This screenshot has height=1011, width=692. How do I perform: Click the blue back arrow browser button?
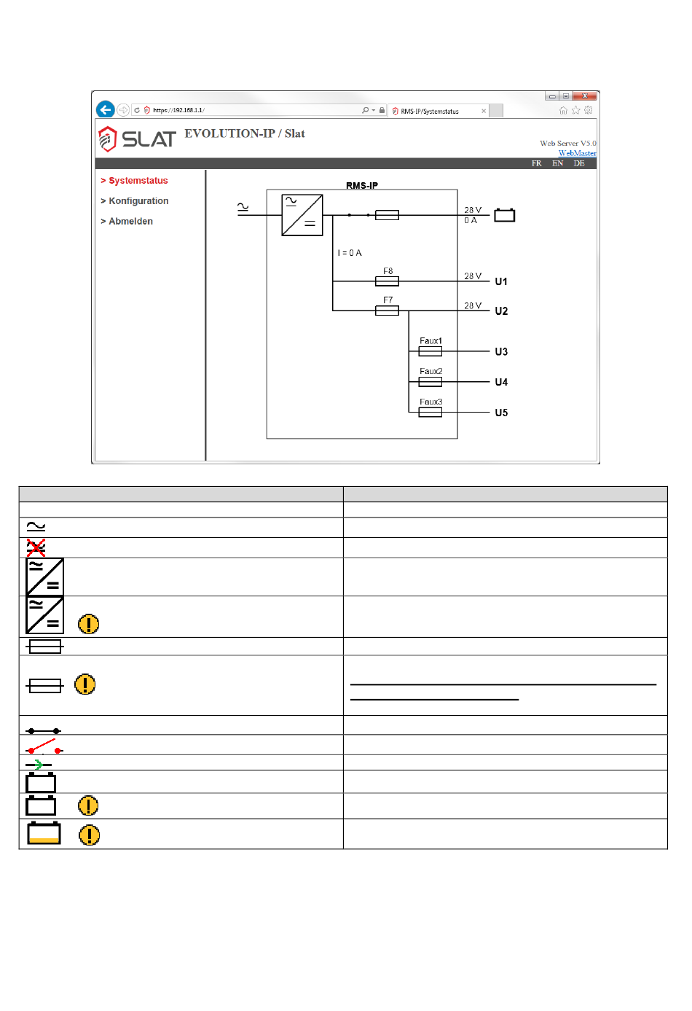106,110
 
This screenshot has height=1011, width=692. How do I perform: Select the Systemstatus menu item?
138,181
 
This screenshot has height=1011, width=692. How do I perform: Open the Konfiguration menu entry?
138,201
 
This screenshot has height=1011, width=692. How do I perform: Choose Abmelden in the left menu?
130,222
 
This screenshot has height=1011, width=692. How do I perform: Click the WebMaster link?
577,153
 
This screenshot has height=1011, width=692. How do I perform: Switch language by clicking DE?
579,164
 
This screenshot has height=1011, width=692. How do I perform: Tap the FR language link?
537,164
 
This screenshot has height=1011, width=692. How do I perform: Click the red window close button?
585,96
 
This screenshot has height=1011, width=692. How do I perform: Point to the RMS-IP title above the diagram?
362,186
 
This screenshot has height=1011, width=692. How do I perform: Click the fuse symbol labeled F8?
387,281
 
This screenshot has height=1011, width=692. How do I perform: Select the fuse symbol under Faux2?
430,382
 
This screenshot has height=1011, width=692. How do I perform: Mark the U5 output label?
501,413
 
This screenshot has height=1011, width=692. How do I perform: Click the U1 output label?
501,281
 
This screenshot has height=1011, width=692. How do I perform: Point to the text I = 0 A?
350,253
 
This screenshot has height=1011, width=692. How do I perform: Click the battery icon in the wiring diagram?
505,215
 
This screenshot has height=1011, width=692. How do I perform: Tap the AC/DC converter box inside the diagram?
302,215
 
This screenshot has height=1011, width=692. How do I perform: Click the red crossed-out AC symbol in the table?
36,547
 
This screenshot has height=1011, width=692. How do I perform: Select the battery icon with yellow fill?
44,834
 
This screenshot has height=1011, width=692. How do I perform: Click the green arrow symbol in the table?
38,765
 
